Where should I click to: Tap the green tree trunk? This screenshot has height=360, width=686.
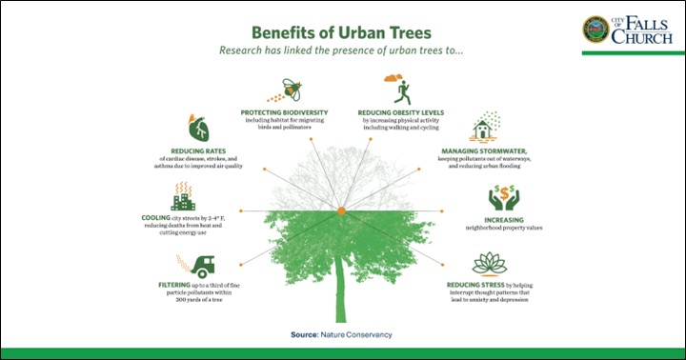pyautogui.click(x=341, y=295)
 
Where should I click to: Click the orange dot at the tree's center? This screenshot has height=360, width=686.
pyautogui.click(x=340, y=209)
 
